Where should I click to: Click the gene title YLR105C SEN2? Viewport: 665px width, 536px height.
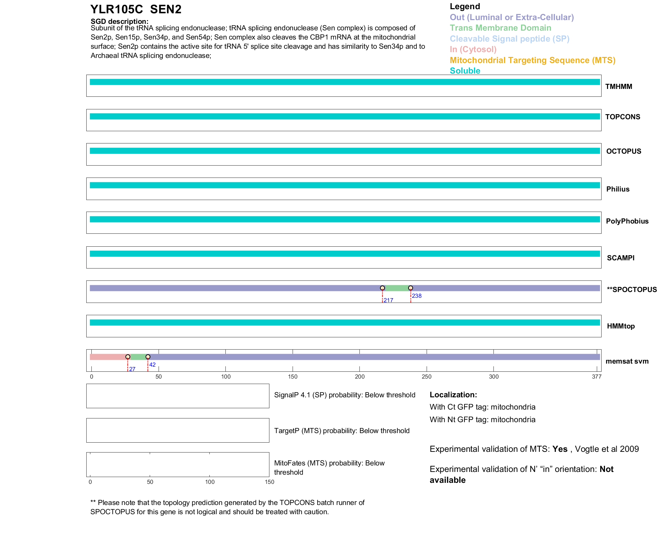point(136,9)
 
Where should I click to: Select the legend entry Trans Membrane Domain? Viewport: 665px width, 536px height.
point(500,28)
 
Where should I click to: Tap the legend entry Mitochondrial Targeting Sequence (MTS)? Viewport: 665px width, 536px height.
point(532,60)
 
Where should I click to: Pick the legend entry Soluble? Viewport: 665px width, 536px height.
point(464,71)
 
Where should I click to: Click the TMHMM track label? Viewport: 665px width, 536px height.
point(618,87)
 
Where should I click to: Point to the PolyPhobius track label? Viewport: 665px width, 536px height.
point(627,221)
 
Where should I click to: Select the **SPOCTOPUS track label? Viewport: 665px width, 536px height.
point(632,290)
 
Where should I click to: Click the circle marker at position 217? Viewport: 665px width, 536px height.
point(382,288)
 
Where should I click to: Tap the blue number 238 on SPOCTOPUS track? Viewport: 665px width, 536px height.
point(416,296)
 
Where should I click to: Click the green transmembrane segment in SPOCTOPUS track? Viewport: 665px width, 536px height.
point(396,288)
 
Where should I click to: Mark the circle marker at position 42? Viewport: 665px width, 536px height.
point(148,357)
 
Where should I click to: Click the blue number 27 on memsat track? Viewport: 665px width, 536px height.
point(132,369)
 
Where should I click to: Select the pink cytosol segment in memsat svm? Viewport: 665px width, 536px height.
point(107,357)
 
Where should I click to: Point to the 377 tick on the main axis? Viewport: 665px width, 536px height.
point(596,377)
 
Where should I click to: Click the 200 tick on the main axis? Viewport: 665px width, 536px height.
point(359,377)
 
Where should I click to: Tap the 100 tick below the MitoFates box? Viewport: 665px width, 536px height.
point(210,482)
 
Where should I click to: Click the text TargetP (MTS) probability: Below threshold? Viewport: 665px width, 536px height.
point(342,431)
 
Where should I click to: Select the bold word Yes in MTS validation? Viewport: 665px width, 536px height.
point(560,449)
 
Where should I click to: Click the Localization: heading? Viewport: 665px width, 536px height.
point(453,395)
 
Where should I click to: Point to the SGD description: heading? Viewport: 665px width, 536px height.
point(119,21)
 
